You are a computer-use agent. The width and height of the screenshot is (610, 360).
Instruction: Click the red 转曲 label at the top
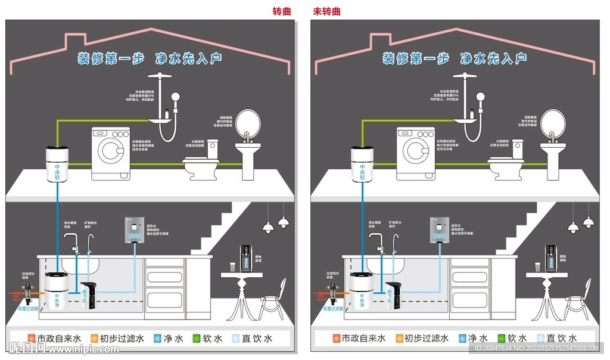[282, 11]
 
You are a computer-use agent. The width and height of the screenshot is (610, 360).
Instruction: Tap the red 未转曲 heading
[327, 11]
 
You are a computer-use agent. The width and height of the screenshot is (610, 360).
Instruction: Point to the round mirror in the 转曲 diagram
[248, 123]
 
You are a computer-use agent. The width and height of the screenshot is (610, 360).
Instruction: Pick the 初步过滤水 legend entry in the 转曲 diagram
[117, 339]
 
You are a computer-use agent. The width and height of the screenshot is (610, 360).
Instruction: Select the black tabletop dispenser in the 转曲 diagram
[245, 257]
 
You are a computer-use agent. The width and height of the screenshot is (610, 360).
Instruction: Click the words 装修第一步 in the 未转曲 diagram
[416, 58]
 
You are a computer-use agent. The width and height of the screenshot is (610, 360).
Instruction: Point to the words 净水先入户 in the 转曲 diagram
[188, 58]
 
